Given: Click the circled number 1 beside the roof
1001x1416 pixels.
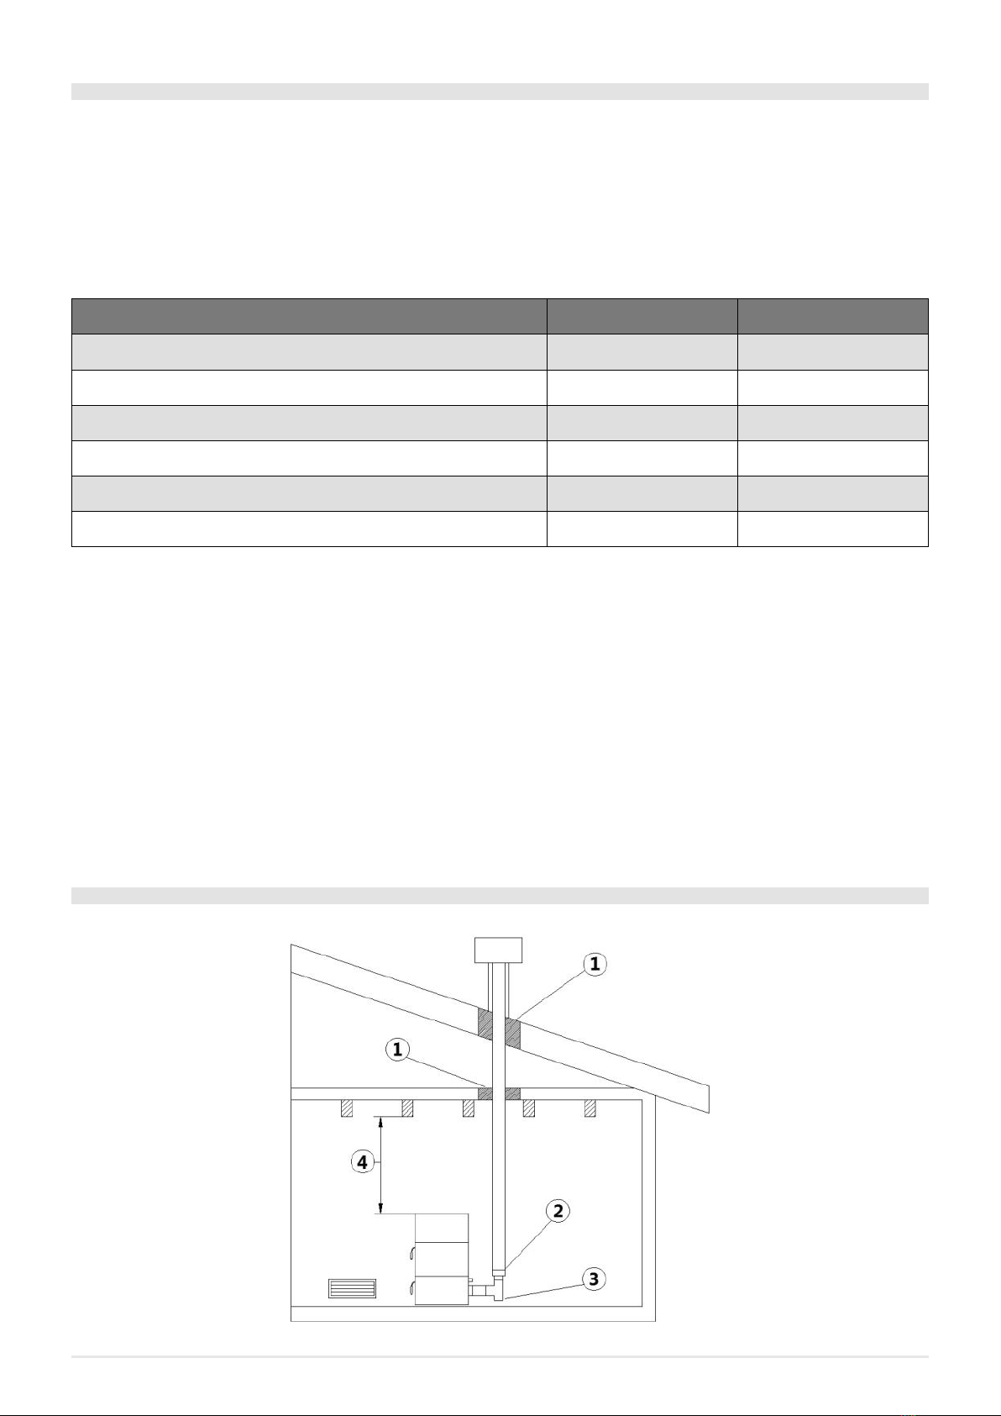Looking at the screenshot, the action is (595, 965).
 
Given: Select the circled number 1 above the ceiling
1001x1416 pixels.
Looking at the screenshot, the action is (397, 1050).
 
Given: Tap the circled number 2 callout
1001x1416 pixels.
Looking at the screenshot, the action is (558, 1211).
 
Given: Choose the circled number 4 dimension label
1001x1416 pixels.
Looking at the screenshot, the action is (362, 1162).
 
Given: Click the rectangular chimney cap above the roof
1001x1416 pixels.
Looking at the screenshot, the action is (498, 950).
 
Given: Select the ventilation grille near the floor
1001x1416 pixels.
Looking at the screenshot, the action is (353, 1288).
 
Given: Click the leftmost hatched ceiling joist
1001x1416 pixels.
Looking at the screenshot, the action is (347, 1108).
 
